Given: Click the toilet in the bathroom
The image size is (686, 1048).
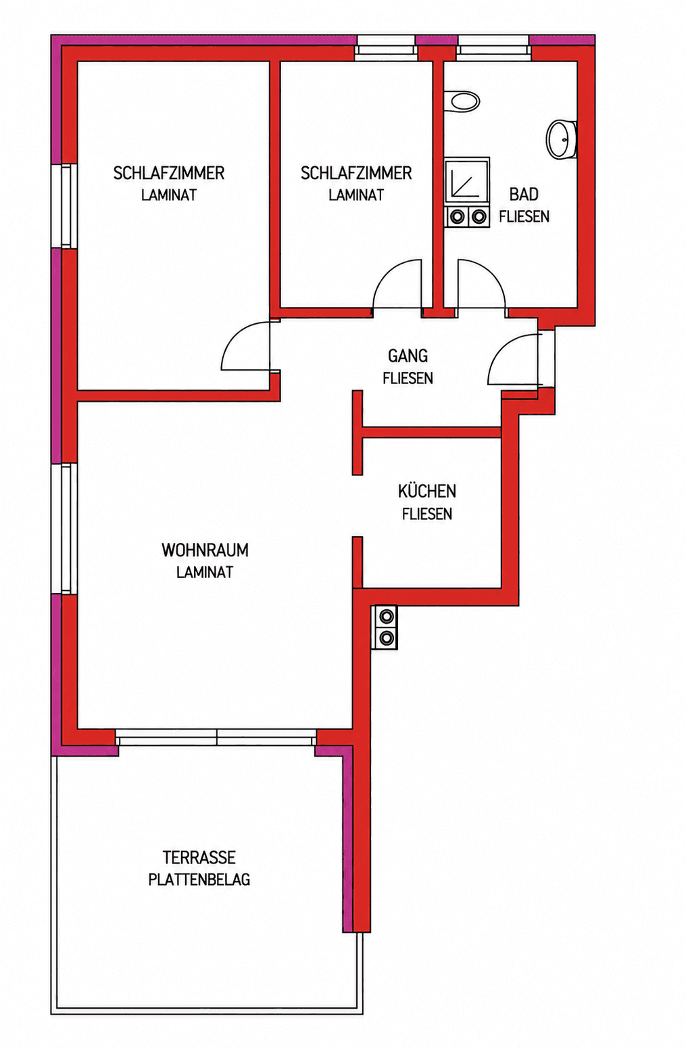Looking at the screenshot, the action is [x=462, y=101].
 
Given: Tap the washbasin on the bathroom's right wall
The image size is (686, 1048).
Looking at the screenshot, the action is [x=561, y=139].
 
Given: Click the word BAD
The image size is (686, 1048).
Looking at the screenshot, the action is [x=524, y=195].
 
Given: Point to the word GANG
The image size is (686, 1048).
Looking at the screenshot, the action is [x=408, y=356].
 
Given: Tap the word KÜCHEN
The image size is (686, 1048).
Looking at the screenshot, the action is [x=427, y=491].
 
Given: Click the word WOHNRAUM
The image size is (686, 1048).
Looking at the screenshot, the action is [x=205, y=550].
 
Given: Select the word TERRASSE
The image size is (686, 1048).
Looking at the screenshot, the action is [x=199, y=857].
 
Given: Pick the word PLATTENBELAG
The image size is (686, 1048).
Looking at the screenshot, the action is [x=199, y=880].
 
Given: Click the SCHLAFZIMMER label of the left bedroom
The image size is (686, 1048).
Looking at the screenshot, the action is [x=169, y=173].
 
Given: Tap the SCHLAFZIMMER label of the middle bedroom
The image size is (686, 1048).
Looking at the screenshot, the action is [x=356, y=173].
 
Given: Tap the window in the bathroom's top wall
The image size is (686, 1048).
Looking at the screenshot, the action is [x=493, y=48].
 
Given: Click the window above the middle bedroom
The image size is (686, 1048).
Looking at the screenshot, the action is [x=385, y=48].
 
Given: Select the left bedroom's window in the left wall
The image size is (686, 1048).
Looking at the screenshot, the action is [x=64, y=206].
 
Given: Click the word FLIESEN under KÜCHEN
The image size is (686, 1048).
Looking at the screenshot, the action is [x=427, y=514].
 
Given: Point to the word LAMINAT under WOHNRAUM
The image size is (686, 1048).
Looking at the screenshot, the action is [x=205, y=572].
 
